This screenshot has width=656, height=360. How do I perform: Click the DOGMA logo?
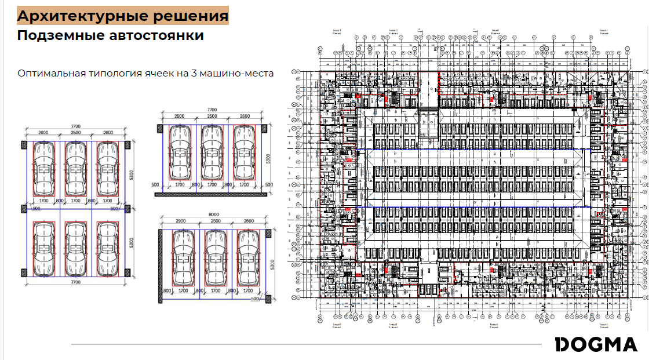596,344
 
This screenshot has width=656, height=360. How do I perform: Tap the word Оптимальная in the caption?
50,74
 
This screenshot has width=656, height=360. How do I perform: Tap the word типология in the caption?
112,74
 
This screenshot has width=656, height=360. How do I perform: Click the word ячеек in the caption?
157,74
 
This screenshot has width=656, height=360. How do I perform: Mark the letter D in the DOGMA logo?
562,344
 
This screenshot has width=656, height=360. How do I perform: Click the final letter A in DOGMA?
630,344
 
